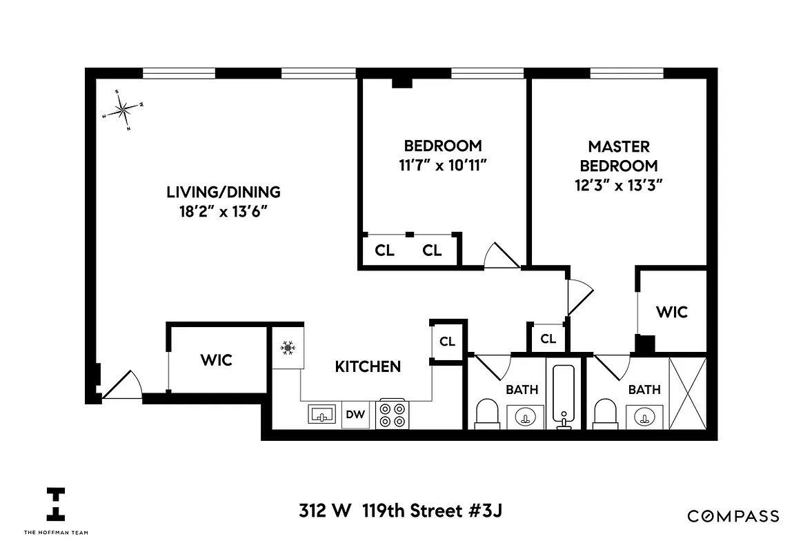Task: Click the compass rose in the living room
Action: (123, 109)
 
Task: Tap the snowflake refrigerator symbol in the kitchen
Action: (286, 348)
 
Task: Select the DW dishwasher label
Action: (356, 415)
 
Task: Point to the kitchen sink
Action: (321, 415)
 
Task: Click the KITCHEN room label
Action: (368, 366)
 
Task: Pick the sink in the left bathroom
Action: (526, 417)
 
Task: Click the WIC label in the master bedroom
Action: (671, 312)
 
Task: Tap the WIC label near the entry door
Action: (217, 360)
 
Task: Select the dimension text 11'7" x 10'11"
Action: (442, 166)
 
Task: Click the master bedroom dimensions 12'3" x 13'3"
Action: (619, 186)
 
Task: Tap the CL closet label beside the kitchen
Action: (447, 342)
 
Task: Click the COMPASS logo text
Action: (733, 516)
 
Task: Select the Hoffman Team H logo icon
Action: (56, 504)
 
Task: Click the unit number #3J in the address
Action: (490, 511)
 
